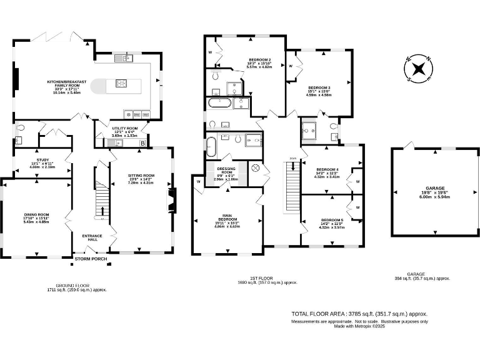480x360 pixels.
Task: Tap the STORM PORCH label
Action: pyautogui.click(x=91, y=259)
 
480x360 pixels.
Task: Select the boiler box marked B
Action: pyautogui.click(x=144, y=143)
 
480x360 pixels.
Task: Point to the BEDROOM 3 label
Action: pyautogui.click(x=319, y=87)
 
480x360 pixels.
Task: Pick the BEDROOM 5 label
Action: pyautogui.click(x=331, y=220)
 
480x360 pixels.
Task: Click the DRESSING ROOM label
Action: pyautogui.click(x=226, y=169)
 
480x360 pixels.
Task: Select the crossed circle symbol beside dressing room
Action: pyautogui.click(x=255, y=169)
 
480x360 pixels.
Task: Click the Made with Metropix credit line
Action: pyautogui.click(x=359, y=326)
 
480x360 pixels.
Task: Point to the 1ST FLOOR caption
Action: pyautogui.click(x=272, y=278)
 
